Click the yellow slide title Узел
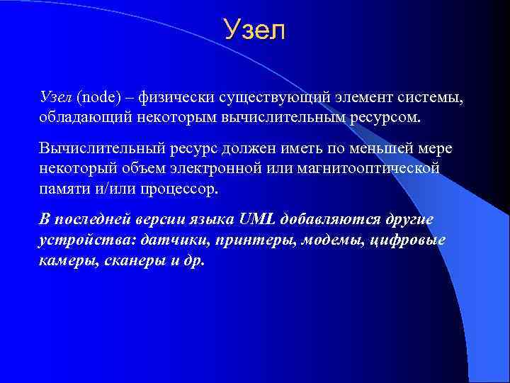254,30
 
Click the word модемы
331,240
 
